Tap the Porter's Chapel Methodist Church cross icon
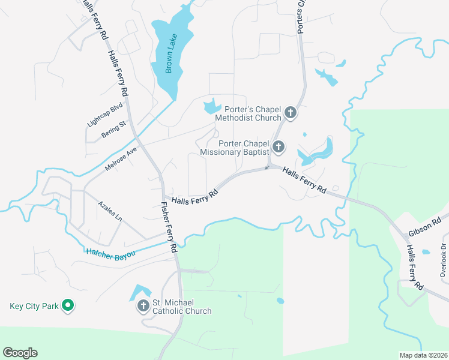pyautogui.click(x=291, y=113)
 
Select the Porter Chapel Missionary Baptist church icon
pyautogui.click(x=278, y=146)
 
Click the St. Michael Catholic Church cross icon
pyautogui.click(x=143, y=306)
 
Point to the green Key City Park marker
pyautogui.click(x=68, y=306)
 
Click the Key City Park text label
pyautogui.click(x=34, y=306)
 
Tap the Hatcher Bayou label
pyautogui.click(x=111, y=254)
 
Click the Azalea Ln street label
pyautogui.click(x=110, y=211)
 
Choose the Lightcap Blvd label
pyautogui.click(x=104, y=113)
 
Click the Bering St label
pyautogui.click(x=113, y=129)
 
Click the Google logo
pyautogui.click(x=20, y=353)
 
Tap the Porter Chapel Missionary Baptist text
pyautogui.click(x=234, y=148)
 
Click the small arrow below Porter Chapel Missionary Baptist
pyautogui.click(x=267, y=167)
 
